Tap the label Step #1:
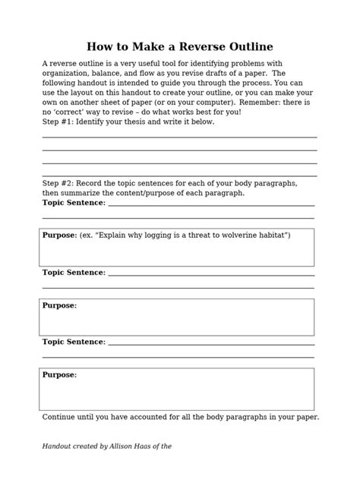pos(58,122)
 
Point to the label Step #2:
pos(58,183)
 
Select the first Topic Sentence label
pos(74,203)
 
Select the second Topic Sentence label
pos(74,272)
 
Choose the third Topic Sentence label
pos(74,342)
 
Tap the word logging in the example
pos(157,235)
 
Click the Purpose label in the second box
pos(59,305)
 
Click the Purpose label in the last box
pos(59,374)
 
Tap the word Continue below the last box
pos(60,417)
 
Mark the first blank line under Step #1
pos(179,137)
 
